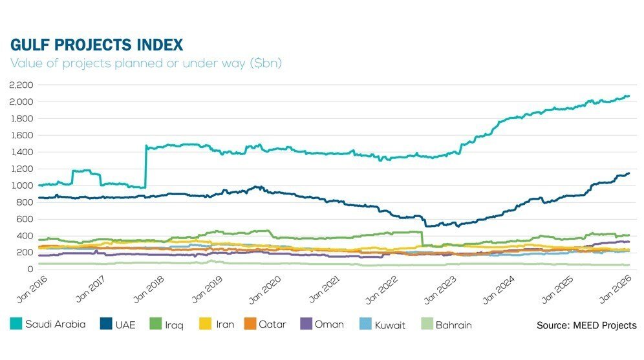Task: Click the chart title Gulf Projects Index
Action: click(97, 45)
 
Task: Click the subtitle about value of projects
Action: click(146, 63)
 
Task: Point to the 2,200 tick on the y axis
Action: click(22, 85)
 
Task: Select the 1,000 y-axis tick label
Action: click(22, 185)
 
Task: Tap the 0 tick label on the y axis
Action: click(30, 269)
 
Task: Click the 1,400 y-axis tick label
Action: click(22, 152)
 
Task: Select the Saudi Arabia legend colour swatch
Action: click(16, 324)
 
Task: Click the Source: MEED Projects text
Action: click(586, 325)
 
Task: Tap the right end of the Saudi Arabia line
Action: click(628, 96)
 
